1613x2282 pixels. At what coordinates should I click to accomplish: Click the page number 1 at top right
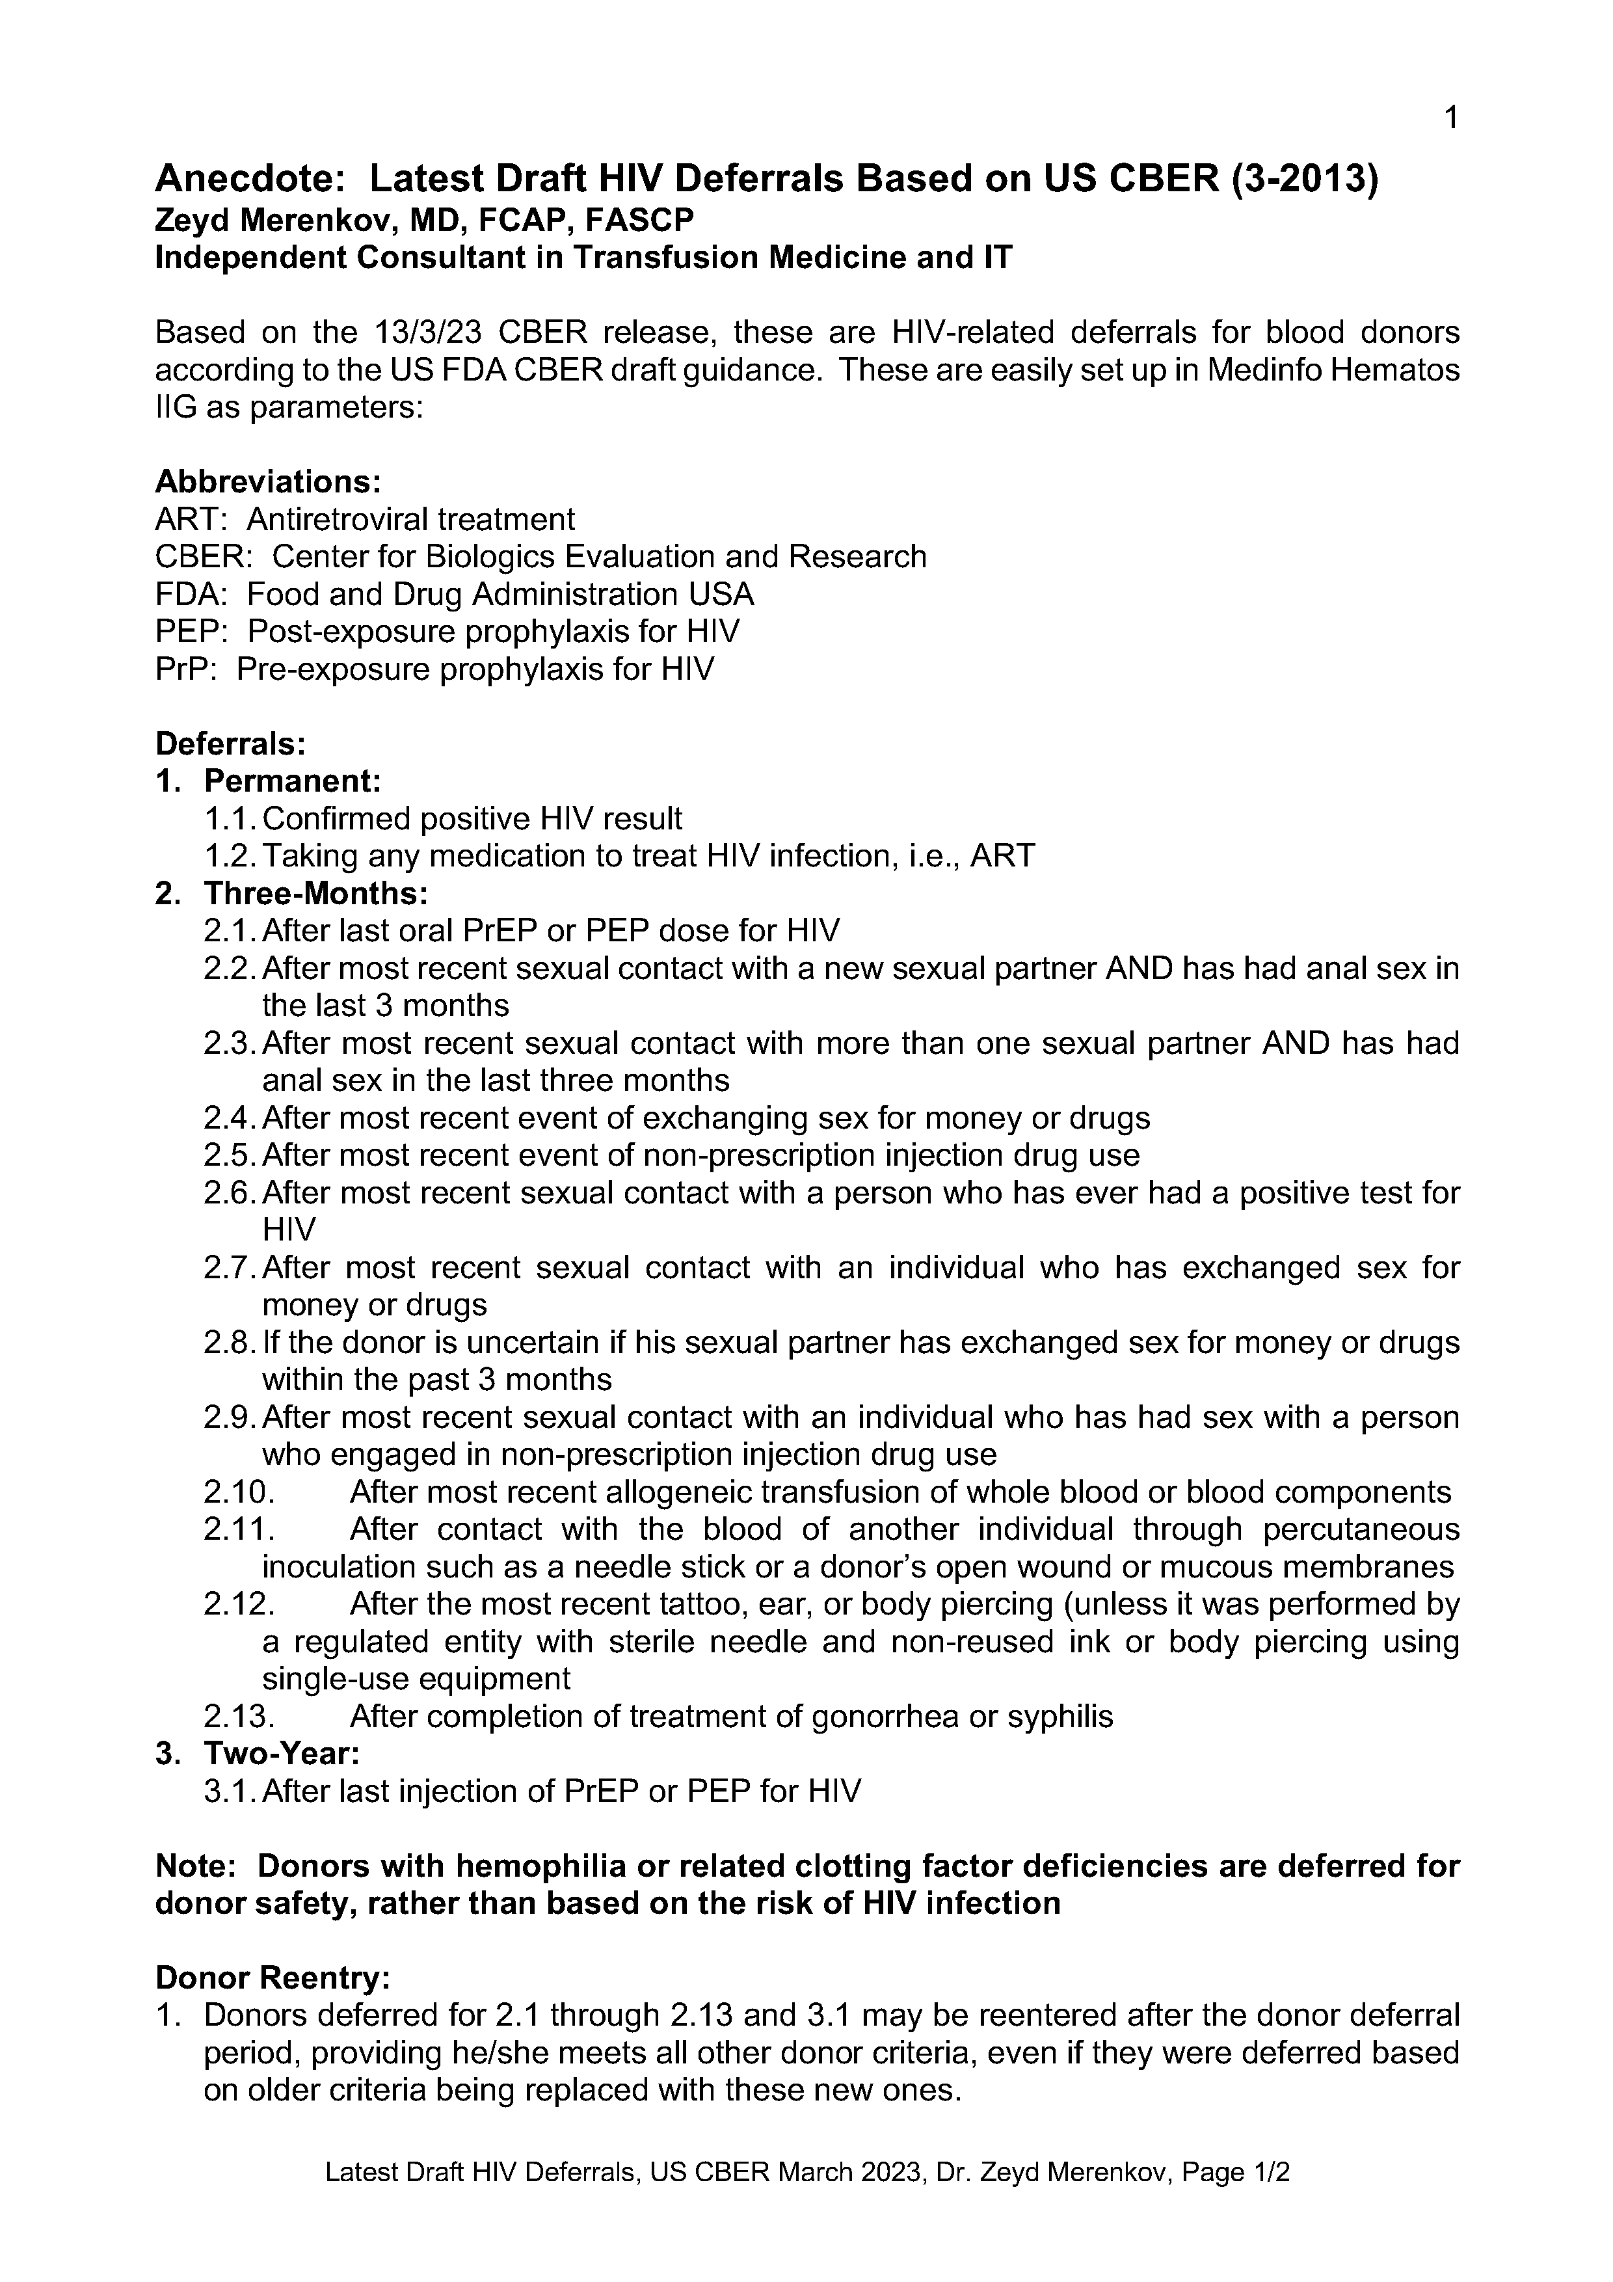1450,119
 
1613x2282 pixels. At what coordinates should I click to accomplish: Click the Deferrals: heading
231,744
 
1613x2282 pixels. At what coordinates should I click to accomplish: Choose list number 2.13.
239,1717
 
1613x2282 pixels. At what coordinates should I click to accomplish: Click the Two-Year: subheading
281,1753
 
